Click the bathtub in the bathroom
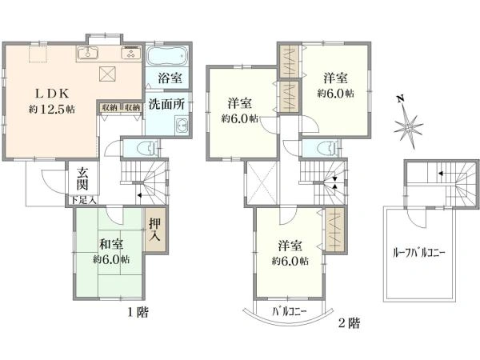pos(167,58)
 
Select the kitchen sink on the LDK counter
pos(88,54)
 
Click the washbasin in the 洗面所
pos(182,126)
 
